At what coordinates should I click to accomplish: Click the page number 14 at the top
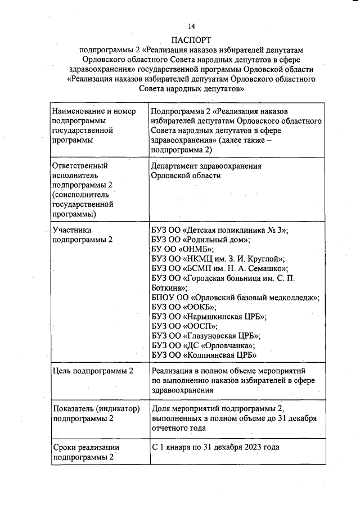click(x=191, y=26)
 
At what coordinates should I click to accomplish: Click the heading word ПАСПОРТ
click(x=191, y=40)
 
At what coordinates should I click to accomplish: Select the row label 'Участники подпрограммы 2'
click(x=82, y=235)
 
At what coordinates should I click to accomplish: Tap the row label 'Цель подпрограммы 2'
click(x=92, y=371)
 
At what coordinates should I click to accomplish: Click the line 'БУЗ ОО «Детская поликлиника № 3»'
click(x=220, y=230)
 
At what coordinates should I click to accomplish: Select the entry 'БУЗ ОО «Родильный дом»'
click(x=200, y=240)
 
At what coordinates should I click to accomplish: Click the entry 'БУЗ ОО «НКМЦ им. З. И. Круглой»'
click(x=218, y=259)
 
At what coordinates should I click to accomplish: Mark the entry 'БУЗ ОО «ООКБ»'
click(x=184, y=307)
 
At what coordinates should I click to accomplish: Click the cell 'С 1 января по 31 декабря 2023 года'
click(x=215, y=447)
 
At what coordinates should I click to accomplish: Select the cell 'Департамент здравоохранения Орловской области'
click(x=206, y=170)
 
